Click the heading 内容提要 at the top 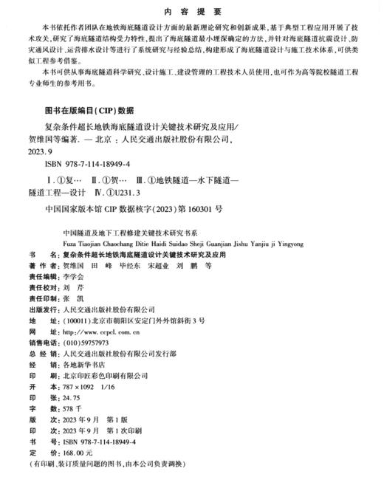click(191, 13)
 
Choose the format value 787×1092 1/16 click(91, 385)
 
